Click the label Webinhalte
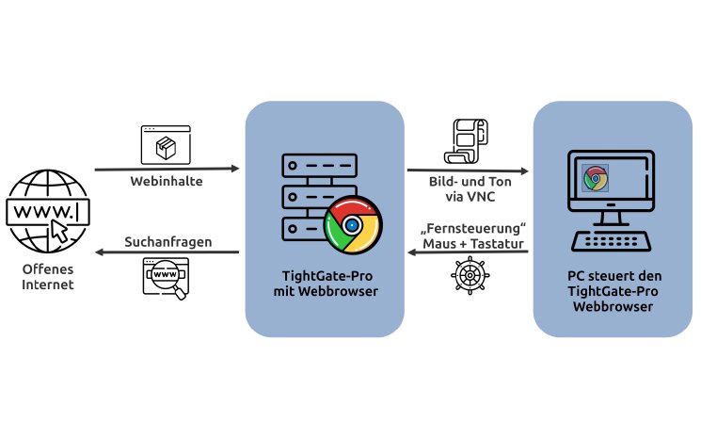tap(167, 180)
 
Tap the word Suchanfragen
tap(167, 242)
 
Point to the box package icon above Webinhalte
tap(166, 146)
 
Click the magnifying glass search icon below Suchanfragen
tap(166, 277)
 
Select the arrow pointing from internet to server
tap(167, 170)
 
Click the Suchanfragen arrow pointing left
tap(167, 252)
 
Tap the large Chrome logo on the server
tap(352, 226)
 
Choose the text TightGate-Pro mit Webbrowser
tap(325, 283)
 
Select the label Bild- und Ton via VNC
tap(467, 191)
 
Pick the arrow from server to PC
tap(467, 171)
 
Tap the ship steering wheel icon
tap(467, 277)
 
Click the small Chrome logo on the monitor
tap(595, 178)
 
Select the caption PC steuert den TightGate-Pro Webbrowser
tap(613, 291)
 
